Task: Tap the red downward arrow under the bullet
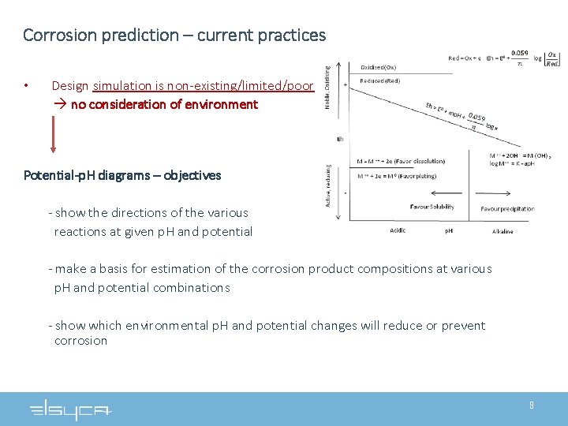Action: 53,135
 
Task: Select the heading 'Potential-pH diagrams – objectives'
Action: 122,175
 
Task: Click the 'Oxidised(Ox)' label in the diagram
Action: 379,67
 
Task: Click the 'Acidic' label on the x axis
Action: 398,231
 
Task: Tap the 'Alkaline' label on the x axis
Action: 503,231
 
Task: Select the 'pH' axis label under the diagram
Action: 449,231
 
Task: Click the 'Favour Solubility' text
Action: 432,207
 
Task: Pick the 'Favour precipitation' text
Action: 507,209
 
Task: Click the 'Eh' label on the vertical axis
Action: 340,140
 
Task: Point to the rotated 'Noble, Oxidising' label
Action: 328,87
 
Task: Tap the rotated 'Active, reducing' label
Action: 328,185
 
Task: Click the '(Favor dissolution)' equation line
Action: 401,162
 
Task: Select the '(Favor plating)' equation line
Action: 396,176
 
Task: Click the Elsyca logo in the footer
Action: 71,409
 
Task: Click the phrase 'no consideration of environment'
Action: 164,104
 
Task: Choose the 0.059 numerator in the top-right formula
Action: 519,53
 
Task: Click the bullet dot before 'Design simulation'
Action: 27,85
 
